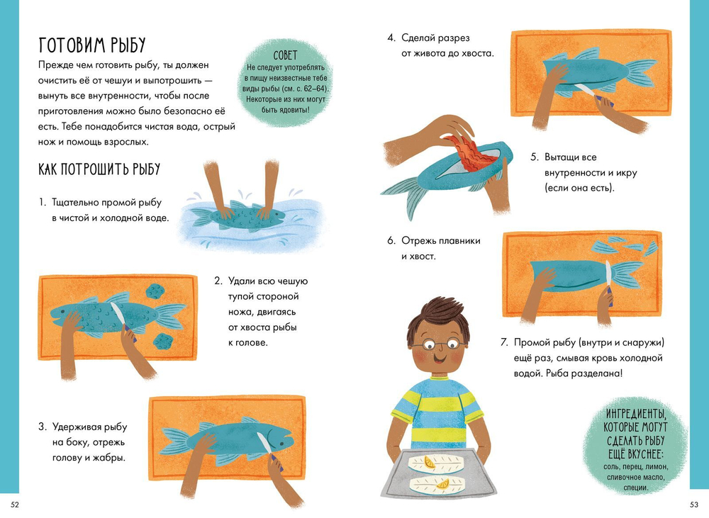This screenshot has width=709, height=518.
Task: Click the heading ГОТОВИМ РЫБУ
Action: click(x=92, y=45)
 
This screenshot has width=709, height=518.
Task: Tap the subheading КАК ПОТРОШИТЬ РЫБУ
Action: click(x=99, y=169)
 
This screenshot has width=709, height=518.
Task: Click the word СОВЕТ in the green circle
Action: click(x=285, y=55)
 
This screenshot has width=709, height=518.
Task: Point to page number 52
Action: click(x=15, y=505)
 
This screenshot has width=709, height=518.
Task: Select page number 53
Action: click(x=694, y=505)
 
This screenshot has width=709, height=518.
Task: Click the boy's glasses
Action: click(x=439, y=345)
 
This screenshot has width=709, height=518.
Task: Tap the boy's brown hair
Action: click(x=437, y=317)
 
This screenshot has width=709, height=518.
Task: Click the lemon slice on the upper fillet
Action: click(x=430, y=463)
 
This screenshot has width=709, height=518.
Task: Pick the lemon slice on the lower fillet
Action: click(x=442, y=484)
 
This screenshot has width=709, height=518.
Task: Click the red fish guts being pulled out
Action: click(x=471, y=152)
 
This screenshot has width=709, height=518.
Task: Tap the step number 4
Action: click(x=391, y=38)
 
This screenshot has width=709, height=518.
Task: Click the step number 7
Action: click(x=504, y=343)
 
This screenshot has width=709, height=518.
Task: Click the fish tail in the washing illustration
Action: click(x=201, y=217)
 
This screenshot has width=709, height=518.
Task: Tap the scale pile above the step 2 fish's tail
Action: click(x=155, y=291)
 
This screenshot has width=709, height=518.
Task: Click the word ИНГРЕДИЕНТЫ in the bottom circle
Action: click(x=636, y=414)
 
